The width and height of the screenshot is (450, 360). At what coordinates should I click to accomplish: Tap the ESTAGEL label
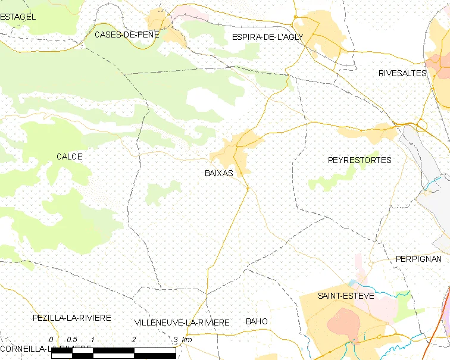click(x=18, y=17)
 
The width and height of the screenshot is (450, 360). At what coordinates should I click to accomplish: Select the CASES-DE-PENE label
click(x=127, y=35)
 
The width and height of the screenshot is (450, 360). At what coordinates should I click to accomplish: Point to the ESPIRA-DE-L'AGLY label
click(x=267, y=37)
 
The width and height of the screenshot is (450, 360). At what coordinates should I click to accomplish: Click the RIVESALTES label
click(x=402, y=73)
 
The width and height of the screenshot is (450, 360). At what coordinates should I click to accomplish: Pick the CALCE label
click(x=69, y=156)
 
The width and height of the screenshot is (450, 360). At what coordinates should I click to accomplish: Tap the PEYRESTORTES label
click(x=360, y=160)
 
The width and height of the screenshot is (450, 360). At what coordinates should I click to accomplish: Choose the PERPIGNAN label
click(x=418, y=259)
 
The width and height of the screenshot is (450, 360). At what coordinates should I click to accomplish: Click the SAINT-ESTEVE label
click(x=345, y=296)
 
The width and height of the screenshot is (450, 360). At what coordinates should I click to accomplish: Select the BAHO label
click(x=257, y=321)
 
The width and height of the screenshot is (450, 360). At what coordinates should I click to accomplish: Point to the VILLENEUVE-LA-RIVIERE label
click(x=182, y=323)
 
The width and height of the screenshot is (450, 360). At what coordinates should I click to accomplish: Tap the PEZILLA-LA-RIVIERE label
click(x=72, y=318)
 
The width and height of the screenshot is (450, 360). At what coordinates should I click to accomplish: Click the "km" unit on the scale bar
click(x=187, y=340)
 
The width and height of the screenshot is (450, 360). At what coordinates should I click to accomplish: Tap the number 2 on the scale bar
click(x=134, y=340)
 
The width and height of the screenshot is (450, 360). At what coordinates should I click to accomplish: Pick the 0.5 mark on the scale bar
click(x=71, y=340)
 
